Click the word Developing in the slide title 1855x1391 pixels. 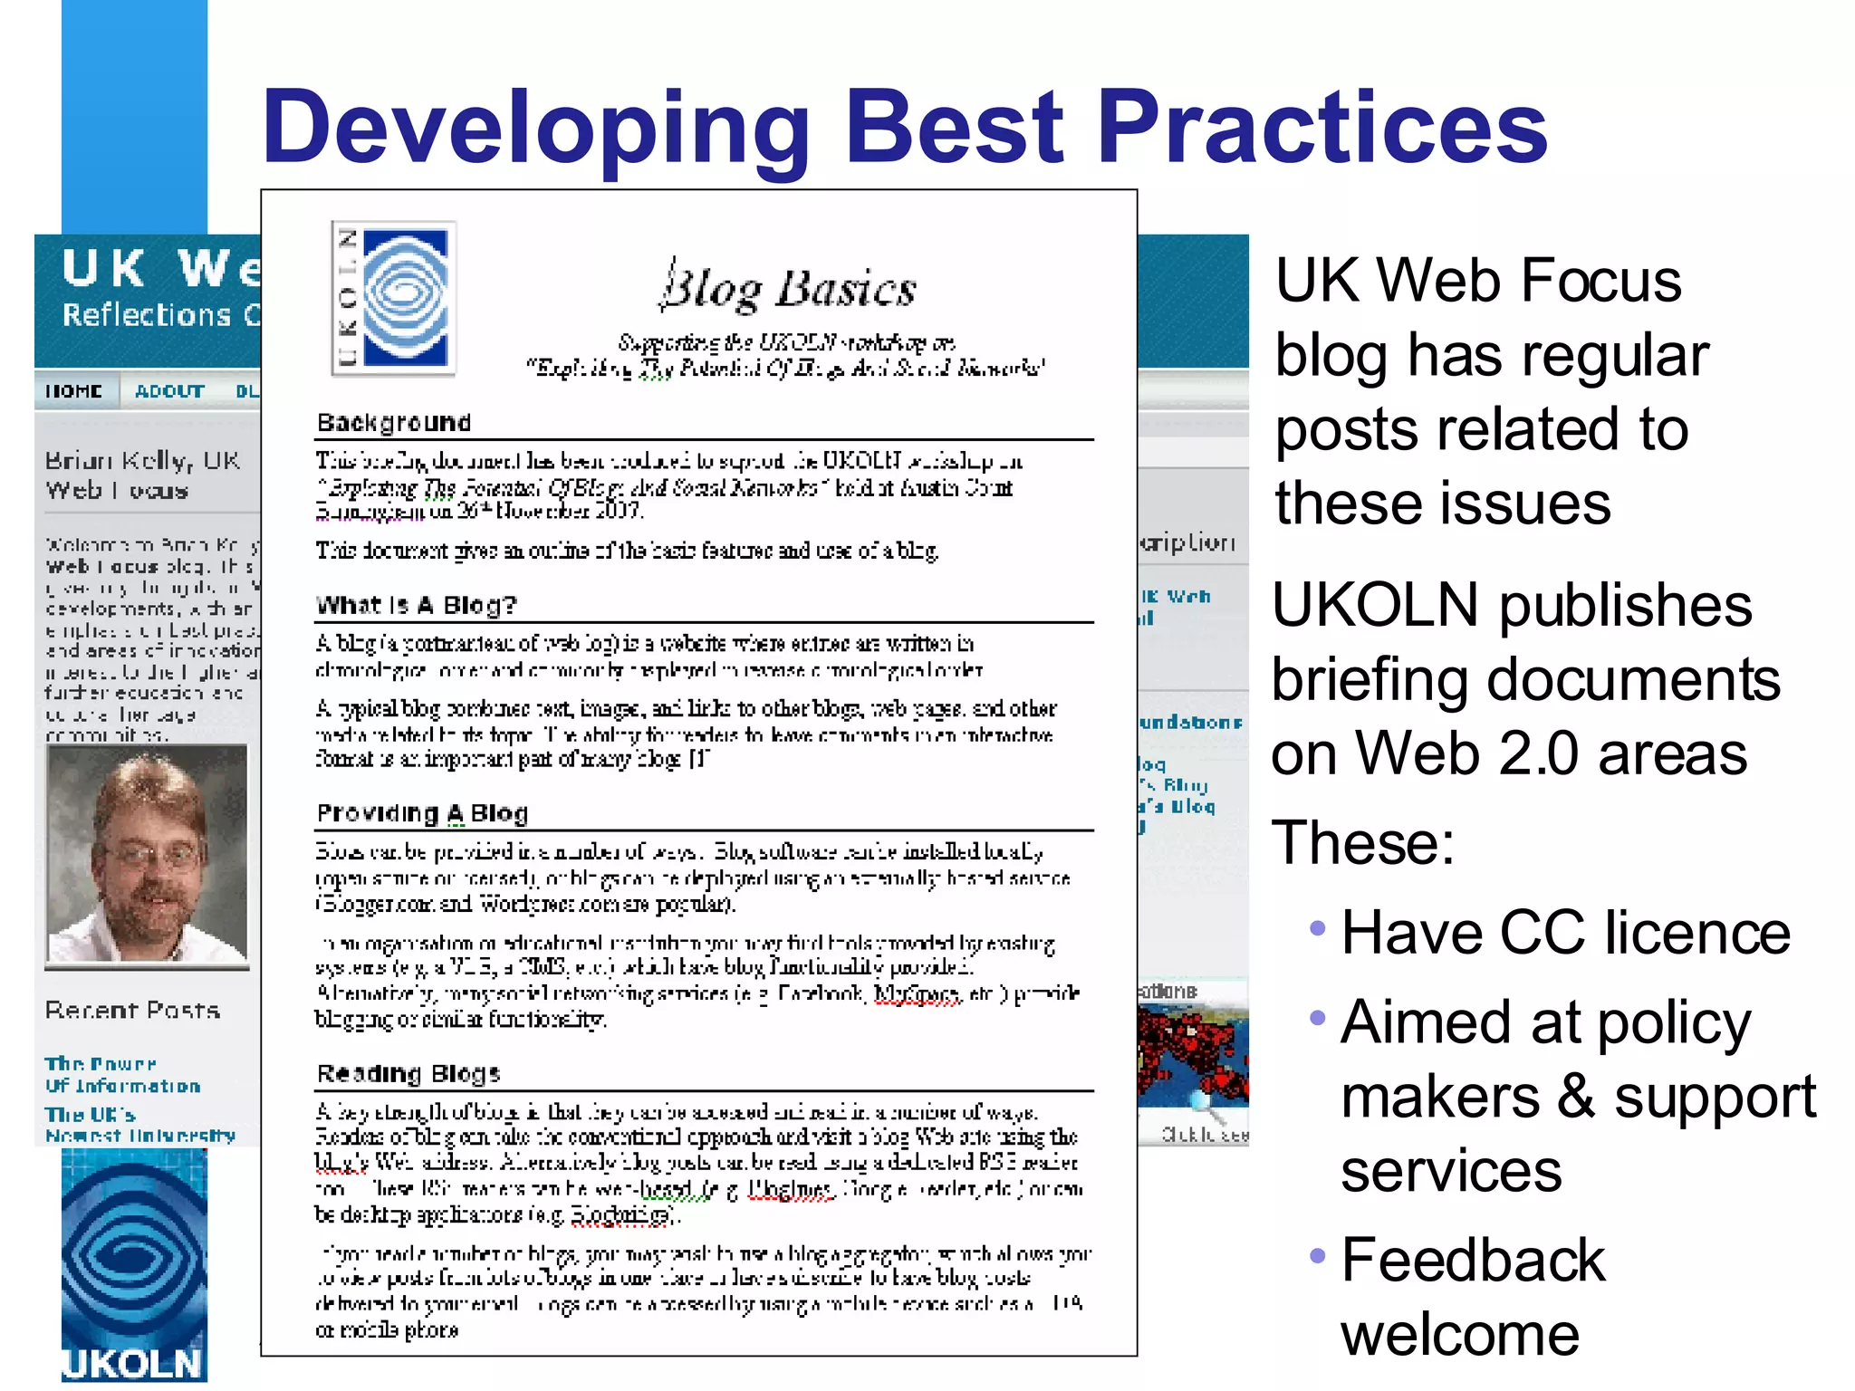tap(535, 129)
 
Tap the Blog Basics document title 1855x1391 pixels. tap(788, 288)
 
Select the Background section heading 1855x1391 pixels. tap(394, 422)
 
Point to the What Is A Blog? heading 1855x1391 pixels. tap(416, 605)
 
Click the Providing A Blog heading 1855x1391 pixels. tap(422, 813)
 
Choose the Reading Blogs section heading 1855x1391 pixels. tap(408, 1073)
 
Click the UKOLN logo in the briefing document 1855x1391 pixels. tap(394, 298)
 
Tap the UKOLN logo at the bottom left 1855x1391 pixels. tap(134, 1268)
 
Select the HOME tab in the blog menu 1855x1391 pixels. tap(74, 391)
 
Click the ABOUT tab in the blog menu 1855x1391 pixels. tap(169, 391)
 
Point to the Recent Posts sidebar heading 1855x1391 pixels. tap(132, 1010)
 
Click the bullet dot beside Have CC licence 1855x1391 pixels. tap(1318, 928)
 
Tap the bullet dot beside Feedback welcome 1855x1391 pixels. tap(1318, 1256)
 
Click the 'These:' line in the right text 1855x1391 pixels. tap(1363, 842)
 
